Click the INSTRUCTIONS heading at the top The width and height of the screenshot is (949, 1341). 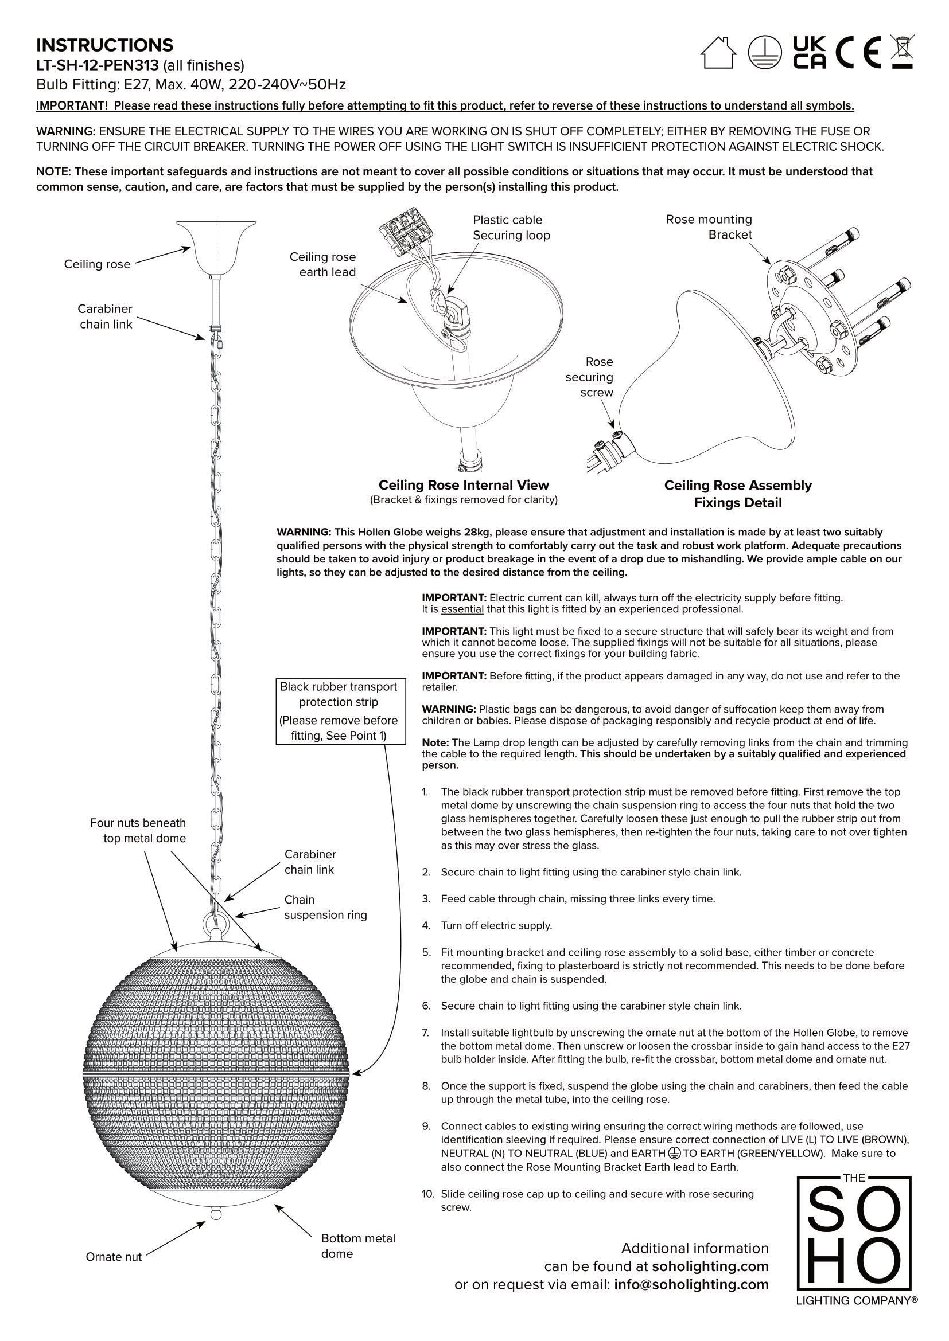point(104,45)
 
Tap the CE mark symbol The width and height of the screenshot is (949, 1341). point(858,53)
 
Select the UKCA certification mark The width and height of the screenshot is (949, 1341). point(810,53)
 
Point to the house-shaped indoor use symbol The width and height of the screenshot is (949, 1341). point(718,53)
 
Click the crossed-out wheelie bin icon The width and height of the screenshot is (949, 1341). point(903,52)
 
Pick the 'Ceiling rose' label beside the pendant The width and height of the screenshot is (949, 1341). point(97,264)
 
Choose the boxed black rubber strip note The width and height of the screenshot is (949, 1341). point(339,711)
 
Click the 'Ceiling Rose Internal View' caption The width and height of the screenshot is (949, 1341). point(464,486)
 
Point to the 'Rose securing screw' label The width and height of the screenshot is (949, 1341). point(590,377)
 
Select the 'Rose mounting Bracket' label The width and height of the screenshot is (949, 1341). point(709,227)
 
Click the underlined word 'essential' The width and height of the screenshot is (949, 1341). point(462,609)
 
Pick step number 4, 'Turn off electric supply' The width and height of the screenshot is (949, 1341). point(496,926)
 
